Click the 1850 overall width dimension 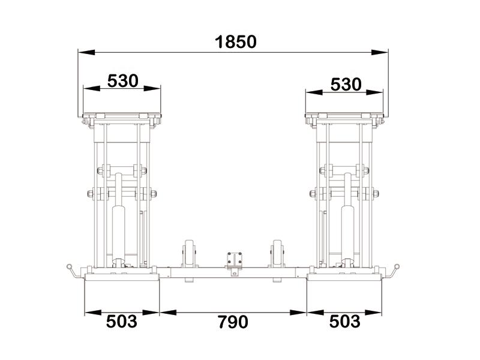(235, 42)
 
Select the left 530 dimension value (123, 81)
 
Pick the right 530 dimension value (346, 84)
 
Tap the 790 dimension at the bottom (233, 322)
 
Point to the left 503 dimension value (122, 322)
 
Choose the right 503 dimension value (344, 322)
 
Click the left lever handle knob (69, 266)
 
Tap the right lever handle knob (397, 266)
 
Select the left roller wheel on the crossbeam (189, 254)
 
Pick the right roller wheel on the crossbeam (277, 254)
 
